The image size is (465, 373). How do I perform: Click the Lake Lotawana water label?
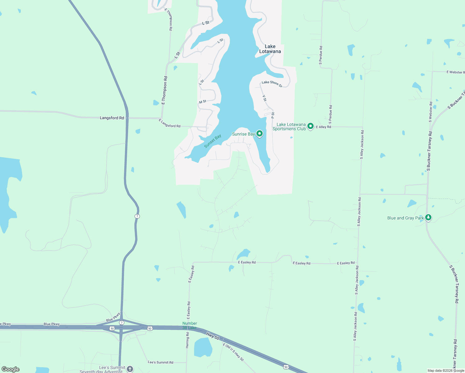[270, 49]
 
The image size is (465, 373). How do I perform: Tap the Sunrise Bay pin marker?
[259, 134]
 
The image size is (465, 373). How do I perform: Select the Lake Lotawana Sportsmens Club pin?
[310, 126]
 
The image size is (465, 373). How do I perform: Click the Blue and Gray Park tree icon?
[428, 217]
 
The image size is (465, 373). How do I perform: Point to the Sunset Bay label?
[213, 141]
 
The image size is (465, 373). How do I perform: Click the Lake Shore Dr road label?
[272, 84]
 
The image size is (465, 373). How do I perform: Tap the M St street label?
[203, 102]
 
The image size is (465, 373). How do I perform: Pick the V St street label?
[265, 98]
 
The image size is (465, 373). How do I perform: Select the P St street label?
[273, 115]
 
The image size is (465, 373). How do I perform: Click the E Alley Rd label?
[324, 127]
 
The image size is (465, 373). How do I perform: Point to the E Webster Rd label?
[455, 72]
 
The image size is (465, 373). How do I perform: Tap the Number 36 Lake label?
[190, 325]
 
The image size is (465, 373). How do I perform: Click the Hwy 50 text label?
[213, 336]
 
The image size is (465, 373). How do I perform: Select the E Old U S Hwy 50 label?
[233, 352]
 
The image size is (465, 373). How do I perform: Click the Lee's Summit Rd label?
[160, 362]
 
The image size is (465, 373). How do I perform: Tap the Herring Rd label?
[187, 340]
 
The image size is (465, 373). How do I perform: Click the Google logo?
[11, 369]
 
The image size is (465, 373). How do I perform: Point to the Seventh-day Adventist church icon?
[130, 369]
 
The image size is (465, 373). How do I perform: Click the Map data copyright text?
[446, 371]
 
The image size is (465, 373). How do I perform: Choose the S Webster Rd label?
[430, 112]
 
